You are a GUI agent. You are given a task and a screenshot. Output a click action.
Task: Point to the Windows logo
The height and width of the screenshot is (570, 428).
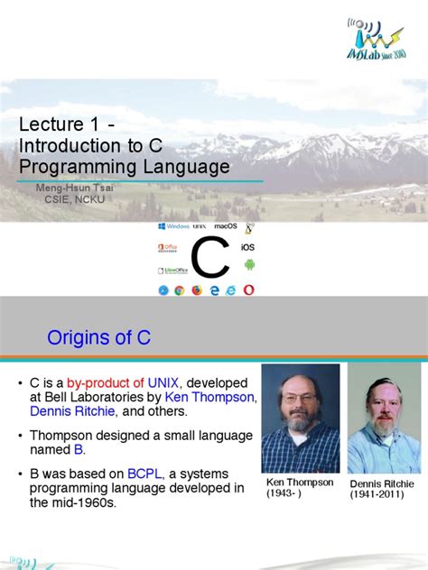click(172, 226)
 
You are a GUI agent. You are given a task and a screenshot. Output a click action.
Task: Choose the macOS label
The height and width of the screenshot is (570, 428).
click(225, 226)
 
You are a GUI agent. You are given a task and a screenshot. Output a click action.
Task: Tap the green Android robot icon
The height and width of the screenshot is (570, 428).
click(249, 264)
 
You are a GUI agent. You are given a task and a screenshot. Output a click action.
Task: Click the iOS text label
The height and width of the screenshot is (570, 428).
click(248, 246)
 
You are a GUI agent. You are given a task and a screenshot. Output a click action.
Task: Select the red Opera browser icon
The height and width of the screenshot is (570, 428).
click(248, 290)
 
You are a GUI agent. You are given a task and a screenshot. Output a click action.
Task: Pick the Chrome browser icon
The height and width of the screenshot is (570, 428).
click(180, 290)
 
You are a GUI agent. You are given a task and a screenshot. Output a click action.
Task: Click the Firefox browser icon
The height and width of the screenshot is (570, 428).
click(197, 290)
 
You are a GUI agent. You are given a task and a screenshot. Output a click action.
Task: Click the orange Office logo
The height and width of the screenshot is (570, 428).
click(168, 246)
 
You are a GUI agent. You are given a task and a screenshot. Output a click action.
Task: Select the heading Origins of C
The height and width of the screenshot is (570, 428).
click(99, 338)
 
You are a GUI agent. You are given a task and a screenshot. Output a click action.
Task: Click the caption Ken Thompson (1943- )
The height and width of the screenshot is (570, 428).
click(299, 487)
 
